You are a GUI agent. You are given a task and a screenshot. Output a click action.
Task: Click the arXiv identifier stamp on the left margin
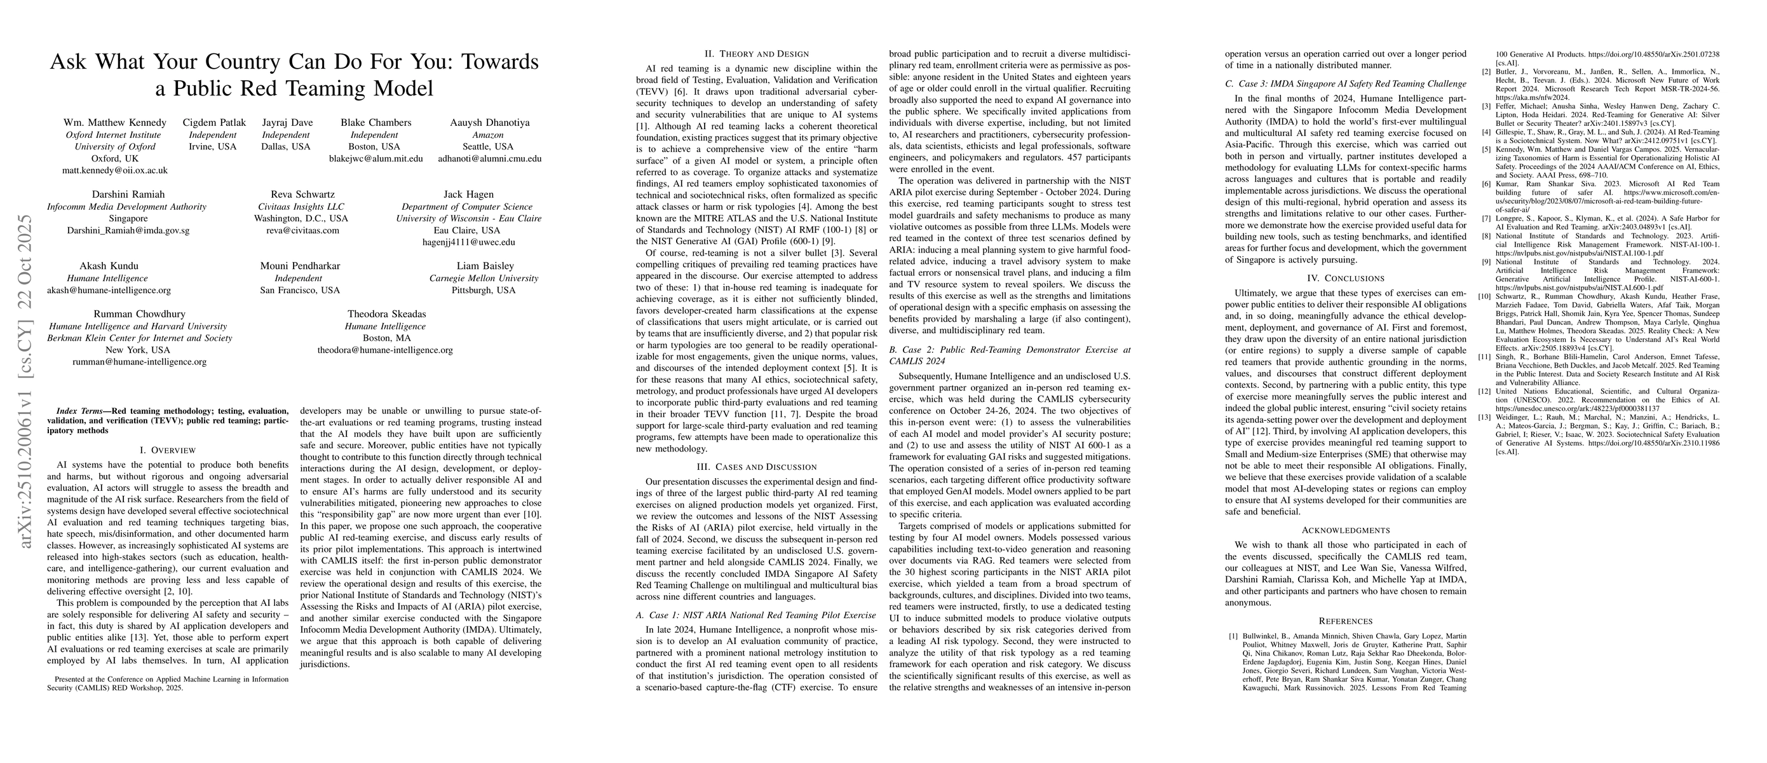coord(25,381)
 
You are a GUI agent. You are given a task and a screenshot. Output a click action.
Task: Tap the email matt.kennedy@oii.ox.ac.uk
coord(114,170)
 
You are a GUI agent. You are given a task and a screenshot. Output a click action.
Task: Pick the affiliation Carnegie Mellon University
coord(484,278)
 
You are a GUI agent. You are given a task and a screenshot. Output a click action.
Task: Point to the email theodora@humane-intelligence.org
coord(385,350)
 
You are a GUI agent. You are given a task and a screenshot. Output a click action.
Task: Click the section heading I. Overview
coord(167,450)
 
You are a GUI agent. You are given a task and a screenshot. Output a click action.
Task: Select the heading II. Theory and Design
coord(758,54)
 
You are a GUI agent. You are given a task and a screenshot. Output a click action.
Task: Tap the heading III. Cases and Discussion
coord(758,467)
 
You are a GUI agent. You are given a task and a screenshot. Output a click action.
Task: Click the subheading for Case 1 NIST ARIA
coord(756,615)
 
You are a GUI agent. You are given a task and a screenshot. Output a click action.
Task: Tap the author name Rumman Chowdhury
coord(139,314)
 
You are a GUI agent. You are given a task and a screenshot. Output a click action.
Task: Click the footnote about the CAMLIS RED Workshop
coord(167,684)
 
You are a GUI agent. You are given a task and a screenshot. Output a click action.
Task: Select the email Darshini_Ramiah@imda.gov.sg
coord(128,231)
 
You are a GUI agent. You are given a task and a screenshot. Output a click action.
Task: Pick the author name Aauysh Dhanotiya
coord(489,123)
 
